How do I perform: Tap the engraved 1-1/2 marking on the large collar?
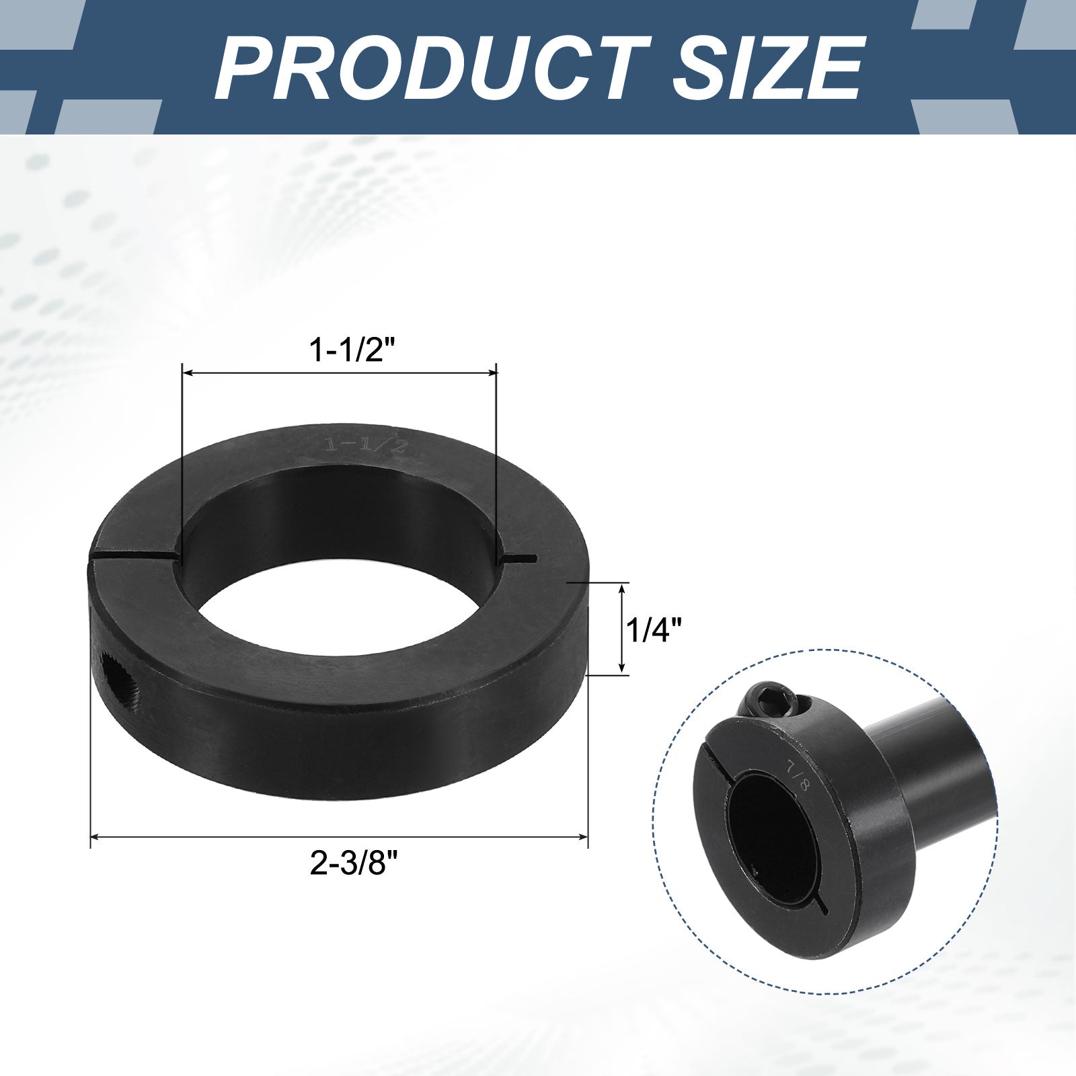[365, 445]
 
